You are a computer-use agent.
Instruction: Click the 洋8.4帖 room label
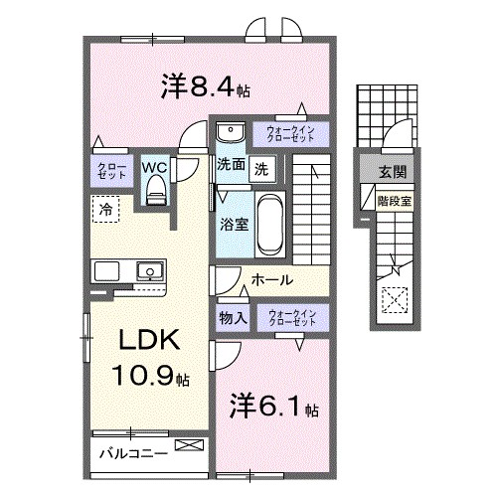[x=206, y=87]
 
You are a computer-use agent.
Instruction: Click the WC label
[x=154, y=167]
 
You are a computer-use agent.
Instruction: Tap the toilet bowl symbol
[x=155, y=193]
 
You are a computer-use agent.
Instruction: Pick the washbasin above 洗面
[x=231, y=133]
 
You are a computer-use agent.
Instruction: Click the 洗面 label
[x=231, y=167]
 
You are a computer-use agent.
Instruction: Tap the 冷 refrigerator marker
[x=104, y=208]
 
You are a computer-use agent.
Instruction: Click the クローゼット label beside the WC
[x=106, y=169]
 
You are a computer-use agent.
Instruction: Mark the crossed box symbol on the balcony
[x=186, y=446]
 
